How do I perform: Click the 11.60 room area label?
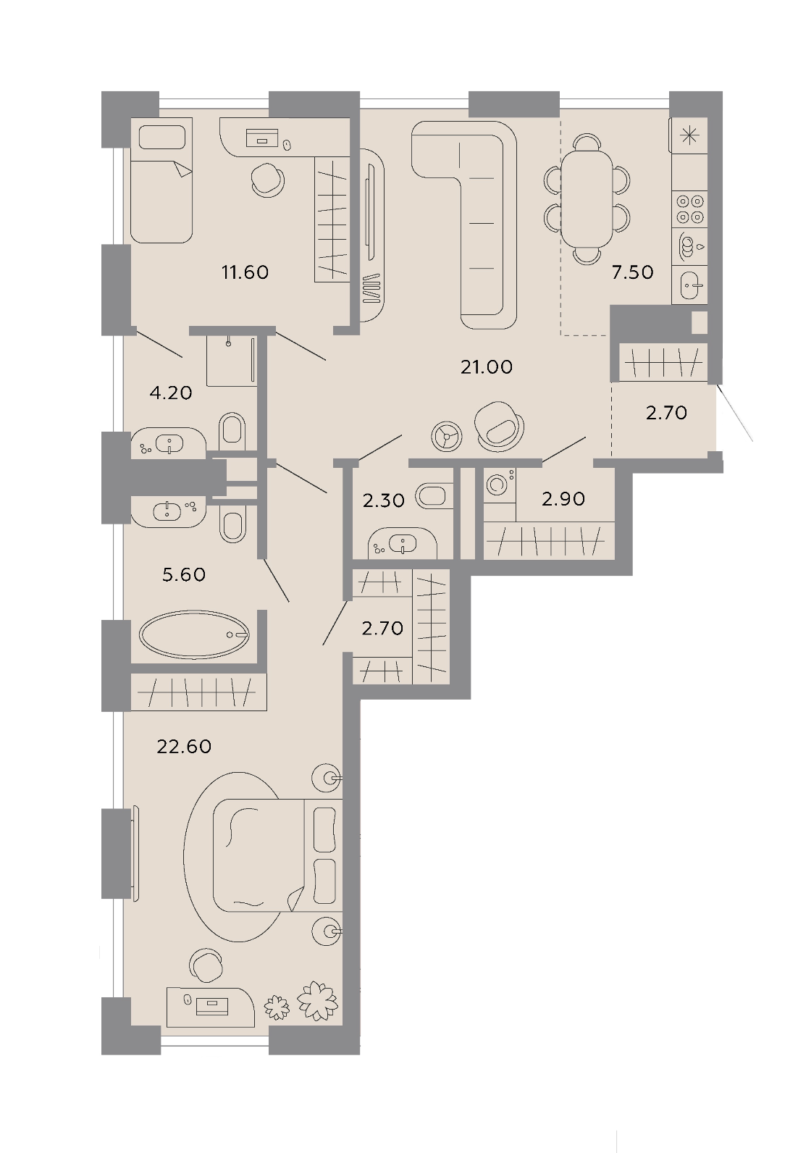coord(245,272)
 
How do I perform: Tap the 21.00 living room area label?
coord(486,367)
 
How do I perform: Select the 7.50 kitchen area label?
coord(632,272)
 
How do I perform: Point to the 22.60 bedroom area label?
coord(184,746)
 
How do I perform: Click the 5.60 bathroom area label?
coord(184,574)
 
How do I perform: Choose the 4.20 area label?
coord(171,393)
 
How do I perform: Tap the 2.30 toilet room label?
coord(383,500)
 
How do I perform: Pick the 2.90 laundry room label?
coord(563,498)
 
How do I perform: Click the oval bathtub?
coord(195,634)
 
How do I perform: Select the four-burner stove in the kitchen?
coord(689,209)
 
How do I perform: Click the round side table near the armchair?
coord(447,437)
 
